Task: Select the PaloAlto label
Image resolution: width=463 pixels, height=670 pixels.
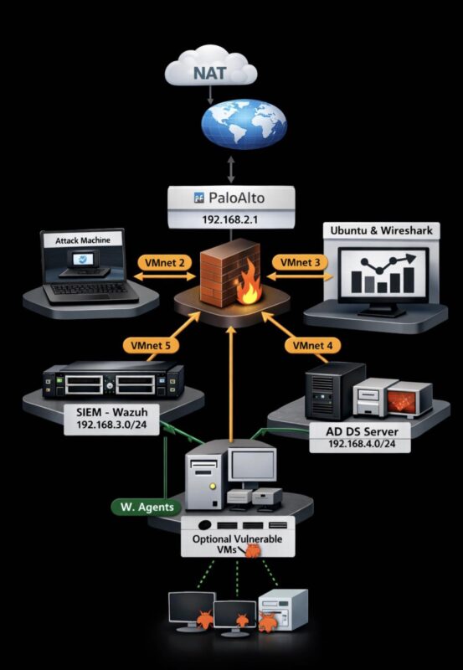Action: [232, 198]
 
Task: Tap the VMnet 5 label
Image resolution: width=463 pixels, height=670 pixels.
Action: [150, 344]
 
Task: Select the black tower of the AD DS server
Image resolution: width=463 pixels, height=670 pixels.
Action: [324, 391]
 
